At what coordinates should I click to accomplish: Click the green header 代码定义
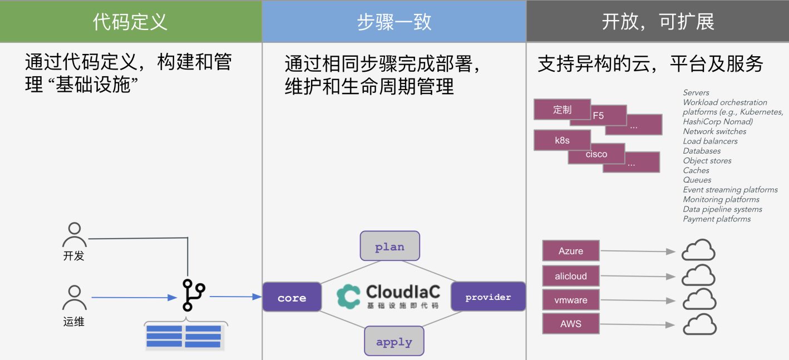[x=130, y=22]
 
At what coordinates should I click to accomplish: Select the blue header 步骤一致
[x=394, y=22]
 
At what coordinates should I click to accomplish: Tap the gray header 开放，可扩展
[x=658, y=22]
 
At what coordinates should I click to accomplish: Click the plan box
[x=389, y=246]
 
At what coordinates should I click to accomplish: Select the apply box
[x=394, y=342]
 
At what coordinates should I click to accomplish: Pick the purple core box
[x=292, y=297]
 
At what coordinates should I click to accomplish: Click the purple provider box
[x=488, y=297]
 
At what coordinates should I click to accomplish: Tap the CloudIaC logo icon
[x=349, y=296]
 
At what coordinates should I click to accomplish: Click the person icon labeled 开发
[x=74, y=235]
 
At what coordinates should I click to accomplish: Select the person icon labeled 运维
[x=74, y=298]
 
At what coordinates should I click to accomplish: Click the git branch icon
[x=193, y=295]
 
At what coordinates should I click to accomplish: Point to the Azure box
[x=571, y=251]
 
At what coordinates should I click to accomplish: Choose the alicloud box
[x=571, y=276]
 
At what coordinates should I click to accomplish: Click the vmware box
[x=571, y=300]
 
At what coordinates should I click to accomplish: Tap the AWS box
[x=571, y=323]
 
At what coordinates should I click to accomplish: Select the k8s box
[x=562, y=140]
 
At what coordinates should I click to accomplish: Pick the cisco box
[x=596, y=154]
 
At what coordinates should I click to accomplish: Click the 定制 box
[x=562, y=109]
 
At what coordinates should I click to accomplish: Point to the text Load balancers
[x=710, y=141]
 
